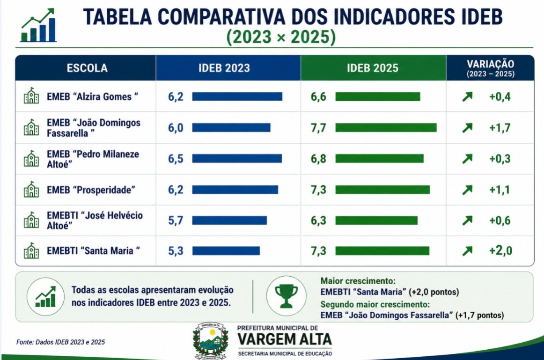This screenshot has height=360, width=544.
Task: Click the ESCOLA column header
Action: coord(87,68)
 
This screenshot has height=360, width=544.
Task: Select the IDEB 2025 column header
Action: coord(373,68)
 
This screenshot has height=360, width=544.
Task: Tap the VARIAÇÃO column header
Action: coord(490,68)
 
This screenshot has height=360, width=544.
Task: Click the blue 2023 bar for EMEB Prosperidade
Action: coord(235,190)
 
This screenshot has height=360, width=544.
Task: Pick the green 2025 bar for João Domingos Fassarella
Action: coord(386,128)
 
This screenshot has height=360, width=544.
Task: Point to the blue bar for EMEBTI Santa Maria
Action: coord(226,251)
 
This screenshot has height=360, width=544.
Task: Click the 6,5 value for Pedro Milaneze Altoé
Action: coord(176,159)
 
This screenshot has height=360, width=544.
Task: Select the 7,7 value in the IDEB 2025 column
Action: coord(318,128)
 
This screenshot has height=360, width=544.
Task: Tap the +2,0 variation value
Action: coord(500,251)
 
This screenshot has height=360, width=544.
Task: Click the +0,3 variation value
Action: coord(500,159)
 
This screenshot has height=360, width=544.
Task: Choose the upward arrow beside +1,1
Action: coord(467,190)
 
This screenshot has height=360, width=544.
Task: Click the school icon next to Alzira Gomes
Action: coord(31,96)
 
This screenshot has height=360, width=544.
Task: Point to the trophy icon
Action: coord(286,296)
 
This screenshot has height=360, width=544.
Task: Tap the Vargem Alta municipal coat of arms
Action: coord(211,341)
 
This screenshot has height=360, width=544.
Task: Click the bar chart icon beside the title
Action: coord(38,25)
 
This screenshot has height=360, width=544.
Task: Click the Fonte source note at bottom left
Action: coord(60,342)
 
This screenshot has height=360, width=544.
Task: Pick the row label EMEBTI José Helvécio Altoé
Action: coord(95,220)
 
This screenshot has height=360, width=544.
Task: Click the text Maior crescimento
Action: coord(358,281)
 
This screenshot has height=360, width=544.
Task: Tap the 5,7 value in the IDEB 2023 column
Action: coord(176,220)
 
